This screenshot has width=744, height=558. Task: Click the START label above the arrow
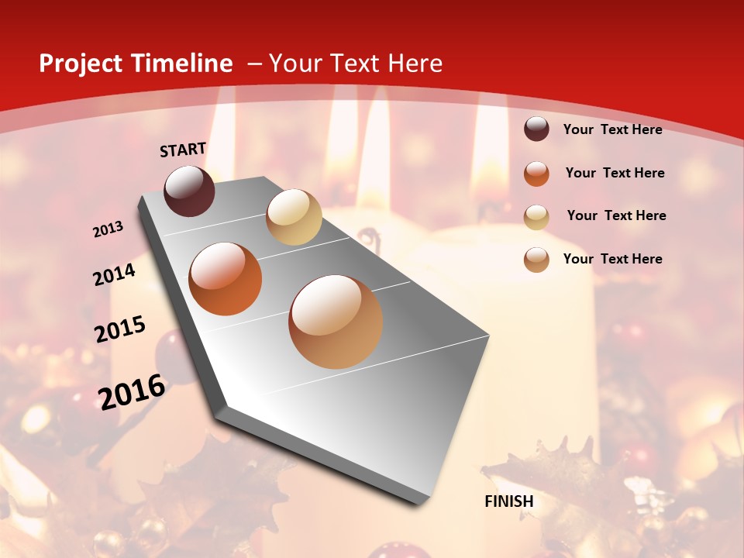(183, 150)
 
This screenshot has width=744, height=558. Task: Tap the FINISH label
(509, 501)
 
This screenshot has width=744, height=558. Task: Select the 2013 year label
(108, 229)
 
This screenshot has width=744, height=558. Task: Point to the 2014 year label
(115, 274)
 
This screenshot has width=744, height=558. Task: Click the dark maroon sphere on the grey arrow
(189, 191)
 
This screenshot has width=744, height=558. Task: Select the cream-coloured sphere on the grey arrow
(294, 217)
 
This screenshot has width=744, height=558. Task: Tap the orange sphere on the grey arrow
(226, 279)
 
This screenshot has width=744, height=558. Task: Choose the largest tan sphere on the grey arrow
(336, 322)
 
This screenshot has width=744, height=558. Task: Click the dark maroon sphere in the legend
(536, 129)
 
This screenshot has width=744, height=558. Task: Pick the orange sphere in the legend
(536, 174)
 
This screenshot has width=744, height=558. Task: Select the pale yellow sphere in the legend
(536, 216)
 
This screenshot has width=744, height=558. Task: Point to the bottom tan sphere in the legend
(536, 260)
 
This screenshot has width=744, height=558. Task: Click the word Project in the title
(80, 64)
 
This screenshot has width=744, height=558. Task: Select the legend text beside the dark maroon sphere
(613, 129)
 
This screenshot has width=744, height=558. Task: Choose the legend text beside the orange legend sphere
(615, 173)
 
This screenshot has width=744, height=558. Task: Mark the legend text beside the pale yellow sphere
(616, 215)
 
